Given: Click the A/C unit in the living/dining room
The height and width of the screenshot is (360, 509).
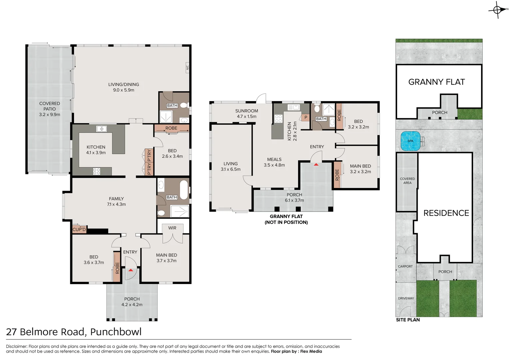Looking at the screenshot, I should pos(187,68).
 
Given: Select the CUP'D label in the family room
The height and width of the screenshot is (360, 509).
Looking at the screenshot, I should pos(79,229).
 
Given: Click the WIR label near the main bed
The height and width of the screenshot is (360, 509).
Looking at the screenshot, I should pos(172,228).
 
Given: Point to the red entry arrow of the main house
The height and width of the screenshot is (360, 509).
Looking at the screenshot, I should pos(131,270).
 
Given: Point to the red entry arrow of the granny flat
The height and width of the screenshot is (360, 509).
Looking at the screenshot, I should pos(316,164).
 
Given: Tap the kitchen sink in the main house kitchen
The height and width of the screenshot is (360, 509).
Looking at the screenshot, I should pos(101,129).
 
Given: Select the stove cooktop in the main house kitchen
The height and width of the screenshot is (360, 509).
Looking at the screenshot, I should pos(97,171).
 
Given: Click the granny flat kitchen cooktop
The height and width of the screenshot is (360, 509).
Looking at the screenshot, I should pos(278,119).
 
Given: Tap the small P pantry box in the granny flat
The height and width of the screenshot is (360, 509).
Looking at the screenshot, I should pos(305,117).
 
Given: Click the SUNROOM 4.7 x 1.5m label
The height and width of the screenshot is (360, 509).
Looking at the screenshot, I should pos(247,114).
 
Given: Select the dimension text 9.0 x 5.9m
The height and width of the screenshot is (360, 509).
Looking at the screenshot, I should pos(124,90).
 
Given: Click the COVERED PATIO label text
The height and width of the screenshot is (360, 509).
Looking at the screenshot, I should pos(50,106).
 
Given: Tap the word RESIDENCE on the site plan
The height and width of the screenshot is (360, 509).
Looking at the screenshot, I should pos(446,213).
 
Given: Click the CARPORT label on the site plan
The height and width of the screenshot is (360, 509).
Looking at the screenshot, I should pos(405,266).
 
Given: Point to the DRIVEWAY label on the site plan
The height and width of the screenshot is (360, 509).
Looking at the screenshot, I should pos(406,298).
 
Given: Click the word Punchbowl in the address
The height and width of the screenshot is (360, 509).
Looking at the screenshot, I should pos(116,332).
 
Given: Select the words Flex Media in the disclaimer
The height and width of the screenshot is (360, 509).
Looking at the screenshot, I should pos(311,351).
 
